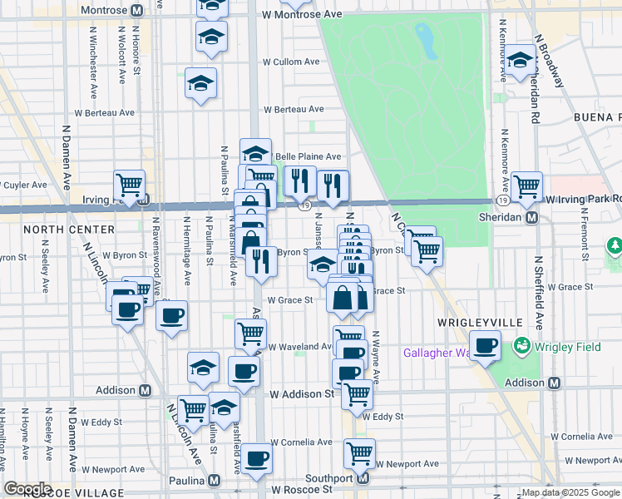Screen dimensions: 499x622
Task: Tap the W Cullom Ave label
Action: (x=291, y=62)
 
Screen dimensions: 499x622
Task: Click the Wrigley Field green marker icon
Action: (x=523, y=343)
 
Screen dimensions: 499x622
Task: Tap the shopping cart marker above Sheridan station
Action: (x=526, y=186)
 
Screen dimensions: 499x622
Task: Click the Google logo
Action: (x=27, y=489)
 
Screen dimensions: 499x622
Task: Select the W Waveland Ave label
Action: (x=299, y=347)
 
